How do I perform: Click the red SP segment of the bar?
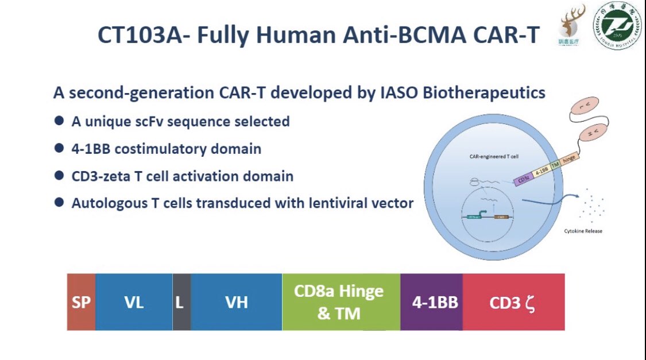point(81,302)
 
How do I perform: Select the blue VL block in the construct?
point(134,302)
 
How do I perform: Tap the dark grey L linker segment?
point(181,302)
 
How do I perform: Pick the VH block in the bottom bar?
point(236,302)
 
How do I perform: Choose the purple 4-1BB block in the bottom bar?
point(431,302)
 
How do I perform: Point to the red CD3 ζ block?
point(513,302)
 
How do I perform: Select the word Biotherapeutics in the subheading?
point(484,92)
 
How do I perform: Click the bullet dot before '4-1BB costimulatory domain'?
point(59,148)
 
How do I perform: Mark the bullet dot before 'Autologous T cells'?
point(59,202)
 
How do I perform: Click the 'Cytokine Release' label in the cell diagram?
point(583,231)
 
